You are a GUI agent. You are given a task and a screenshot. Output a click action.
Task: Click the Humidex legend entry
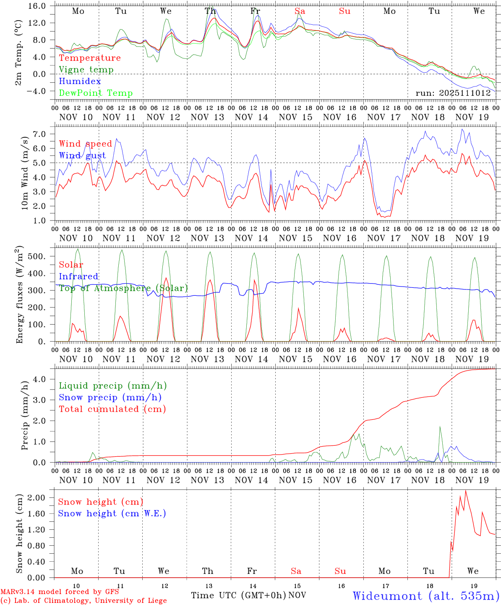click(80, 81)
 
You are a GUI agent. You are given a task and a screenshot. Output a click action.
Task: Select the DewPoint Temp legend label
click(96, 93)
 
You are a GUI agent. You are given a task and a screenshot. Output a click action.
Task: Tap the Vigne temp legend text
click(86, 69)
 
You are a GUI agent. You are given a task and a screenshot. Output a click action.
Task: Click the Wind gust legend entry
click(82, 155)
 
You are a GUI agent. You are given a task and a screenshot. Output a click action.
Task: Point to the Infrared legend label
click(78, 276)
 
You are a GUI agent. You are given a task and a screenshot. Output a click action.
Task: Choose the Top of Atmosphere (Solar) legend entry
click(123, 288)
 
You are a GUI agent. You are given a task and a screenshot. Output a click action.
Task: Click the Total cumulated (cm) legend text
click(112, 409)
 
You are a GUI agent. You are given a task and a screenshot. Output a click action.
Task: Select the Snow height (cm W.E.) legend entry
click(112, 513)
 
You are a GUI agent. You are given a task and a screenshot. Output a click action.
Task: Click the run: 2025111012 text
click(453, 93)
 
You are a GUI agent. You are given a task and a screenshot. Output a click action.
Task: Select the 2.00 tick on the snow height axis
click(41, 498)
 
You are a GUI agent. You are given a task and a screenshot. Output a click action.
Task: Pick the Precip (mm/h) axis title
click(25, 420)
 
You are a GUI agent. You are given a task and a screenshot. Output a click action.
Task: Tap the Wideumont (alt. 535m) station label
click(425, 595)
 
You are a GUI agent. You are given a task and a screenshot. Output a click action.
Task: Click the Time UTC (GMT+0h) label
click(239, 595)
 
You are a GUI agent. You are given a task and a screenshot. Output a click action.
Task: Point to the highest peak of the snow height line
click(466, 491)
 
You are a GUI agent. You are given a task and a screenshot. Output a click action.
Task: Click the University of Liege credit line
click(83, 600)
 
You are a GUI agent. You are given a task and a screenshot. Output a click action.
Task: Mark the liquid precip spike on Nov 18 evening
click(440, 427)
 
